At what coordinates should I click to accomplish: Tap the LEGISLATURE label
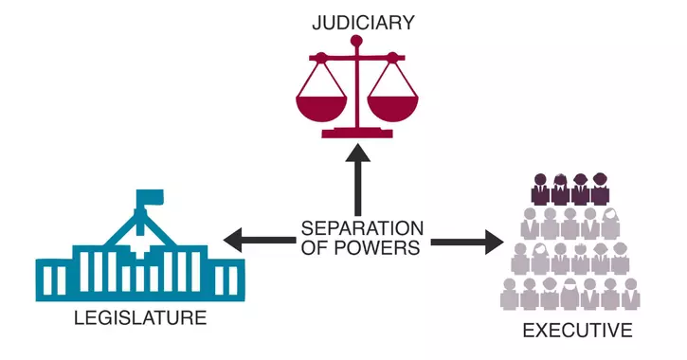139,318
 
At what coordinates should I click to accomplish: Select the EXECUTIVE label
577,331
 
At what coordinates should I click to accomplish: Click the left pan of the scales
319,106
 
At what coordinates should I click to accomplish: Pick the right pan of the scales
392,106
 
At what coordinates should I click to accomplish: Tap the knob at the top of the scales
356,41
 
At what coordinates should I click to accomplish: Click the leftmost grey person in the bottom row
511,294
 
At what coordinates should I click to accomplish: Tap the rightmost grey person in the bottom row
630,294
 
